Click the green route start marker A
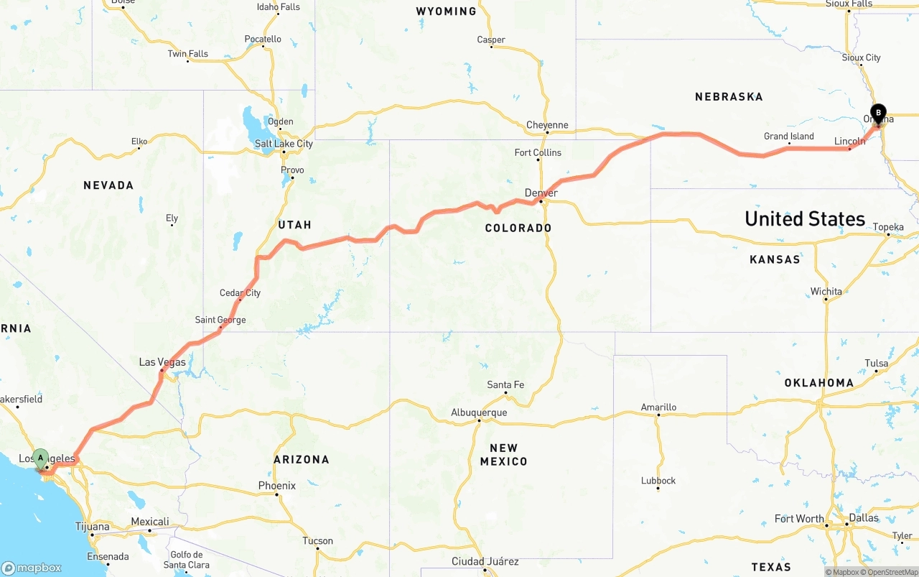41,458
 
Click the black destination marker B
877,113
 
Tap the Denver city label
541,193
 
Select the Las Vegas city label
162,362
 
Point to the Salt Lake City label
284,144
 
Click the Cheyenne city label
547,125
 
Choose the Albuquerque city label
479,412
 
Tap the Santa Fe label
505,384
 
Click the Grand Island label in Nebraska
788,137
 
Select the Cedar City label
240,292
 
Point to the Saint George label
220,320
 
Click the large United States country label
805,219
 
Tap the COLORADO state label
518,228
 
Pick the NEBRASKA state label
729,96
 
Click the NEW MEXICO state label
503,454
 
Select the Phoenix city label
277,486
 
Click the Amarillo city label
658,407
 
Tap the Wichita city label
826,291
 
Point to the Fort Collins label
538,152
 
